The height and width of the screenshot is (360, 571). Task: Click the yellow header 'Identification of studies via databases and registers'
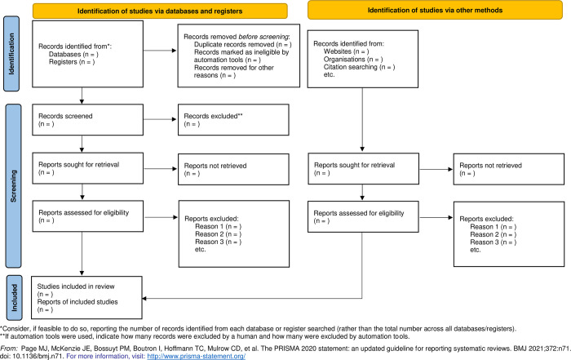(160, 11)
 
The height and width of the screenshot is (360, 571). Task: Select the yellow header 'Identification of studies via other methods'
(435, 10)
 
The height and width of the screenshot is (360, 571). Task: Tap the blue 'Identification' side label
(11, 54)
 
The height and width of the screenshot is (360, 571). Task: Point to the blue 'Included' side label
(14, 298)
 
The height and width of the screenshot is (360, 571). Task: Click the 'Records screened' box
(88, 120)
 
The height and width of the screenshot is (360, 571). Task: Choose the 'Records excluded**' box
(233, 120)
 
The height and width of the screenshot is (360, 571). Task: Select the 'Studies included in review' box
(86, 298)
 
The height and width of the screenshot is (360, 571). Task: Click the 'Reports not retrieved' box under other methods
(509, 169)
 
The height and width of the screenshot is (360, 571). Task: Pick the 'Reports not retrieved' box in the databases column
(233, 169)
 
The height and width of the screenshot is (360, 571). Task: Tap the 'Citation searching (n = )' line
(359, 67)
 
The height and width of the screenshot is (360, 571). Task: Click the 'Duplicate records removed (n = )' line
(242, 44)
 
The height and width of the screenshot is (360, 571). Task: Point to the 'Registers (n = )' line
(72, 62)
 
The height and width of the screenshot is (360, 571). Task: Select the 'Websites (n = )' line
(346, 51)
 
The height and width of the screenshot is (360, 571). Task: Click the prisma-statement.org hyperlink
(197, 356)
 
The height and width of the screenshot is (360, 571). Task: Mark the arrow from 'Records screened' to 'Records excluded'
(160, 119)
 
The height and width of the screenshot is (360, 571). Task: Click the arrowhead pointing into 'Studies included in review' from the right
(144, 299)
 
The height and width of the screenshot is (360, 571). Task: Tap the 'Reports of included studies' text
(77, 302)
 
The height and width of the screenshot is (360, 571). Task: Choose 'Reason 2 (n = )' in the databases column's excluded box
(218, 234)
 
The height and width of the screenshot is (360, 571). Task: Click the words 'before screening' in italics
(263, 37)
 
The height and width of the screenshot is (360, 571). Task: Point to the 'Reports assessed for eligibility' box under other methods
(363, 216)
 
